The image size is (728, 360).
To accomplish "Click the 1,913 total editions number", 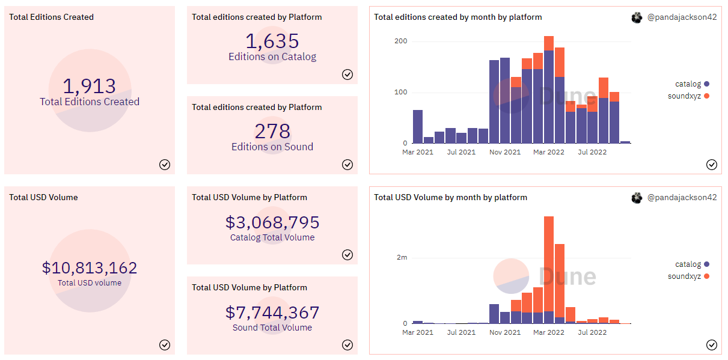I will pos(90,86).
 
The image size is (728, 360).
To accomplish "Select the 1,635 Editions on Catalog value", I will pos(272,41).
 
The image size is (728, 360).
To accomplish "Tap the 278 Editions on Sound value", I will pos(272,131).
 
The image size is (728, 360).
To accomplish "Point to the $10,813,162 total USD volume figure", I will pos(90,267).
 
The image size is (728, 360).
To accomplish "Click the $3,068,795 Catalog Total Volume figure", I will pos(272,222).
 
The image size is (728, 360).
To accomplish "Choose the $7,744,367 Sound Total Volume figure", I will pos(272,313).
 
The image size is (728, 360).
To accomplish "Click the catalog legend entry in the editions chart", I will pos(688,84).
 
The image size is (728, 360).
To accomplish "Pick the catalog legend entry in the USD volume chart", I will pos(688,264).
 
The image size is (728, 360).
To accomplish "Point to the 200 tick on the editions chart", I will pos(400,41).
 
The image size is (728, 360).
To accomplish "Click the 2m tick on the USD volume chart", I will pos(402,257).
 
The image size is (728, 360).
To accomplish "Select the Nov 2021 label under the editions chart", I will pos(505,153).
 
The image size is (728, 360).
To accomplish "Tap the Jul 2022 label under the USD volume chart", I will pos(593,332).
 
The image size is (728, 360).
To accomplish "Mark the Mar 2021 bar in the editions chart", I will pos(418,127).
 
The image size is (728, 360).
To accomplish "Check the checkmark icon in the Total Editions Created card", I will pos(165,165).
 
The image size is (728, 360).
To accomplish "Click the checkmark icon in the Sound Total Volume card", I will pos(347,345).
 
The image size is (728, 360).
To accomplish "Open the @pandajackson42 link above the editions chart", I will pos(682,18).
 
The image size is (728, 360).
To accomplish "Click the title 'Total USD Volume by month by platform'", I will pos(450,198).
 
